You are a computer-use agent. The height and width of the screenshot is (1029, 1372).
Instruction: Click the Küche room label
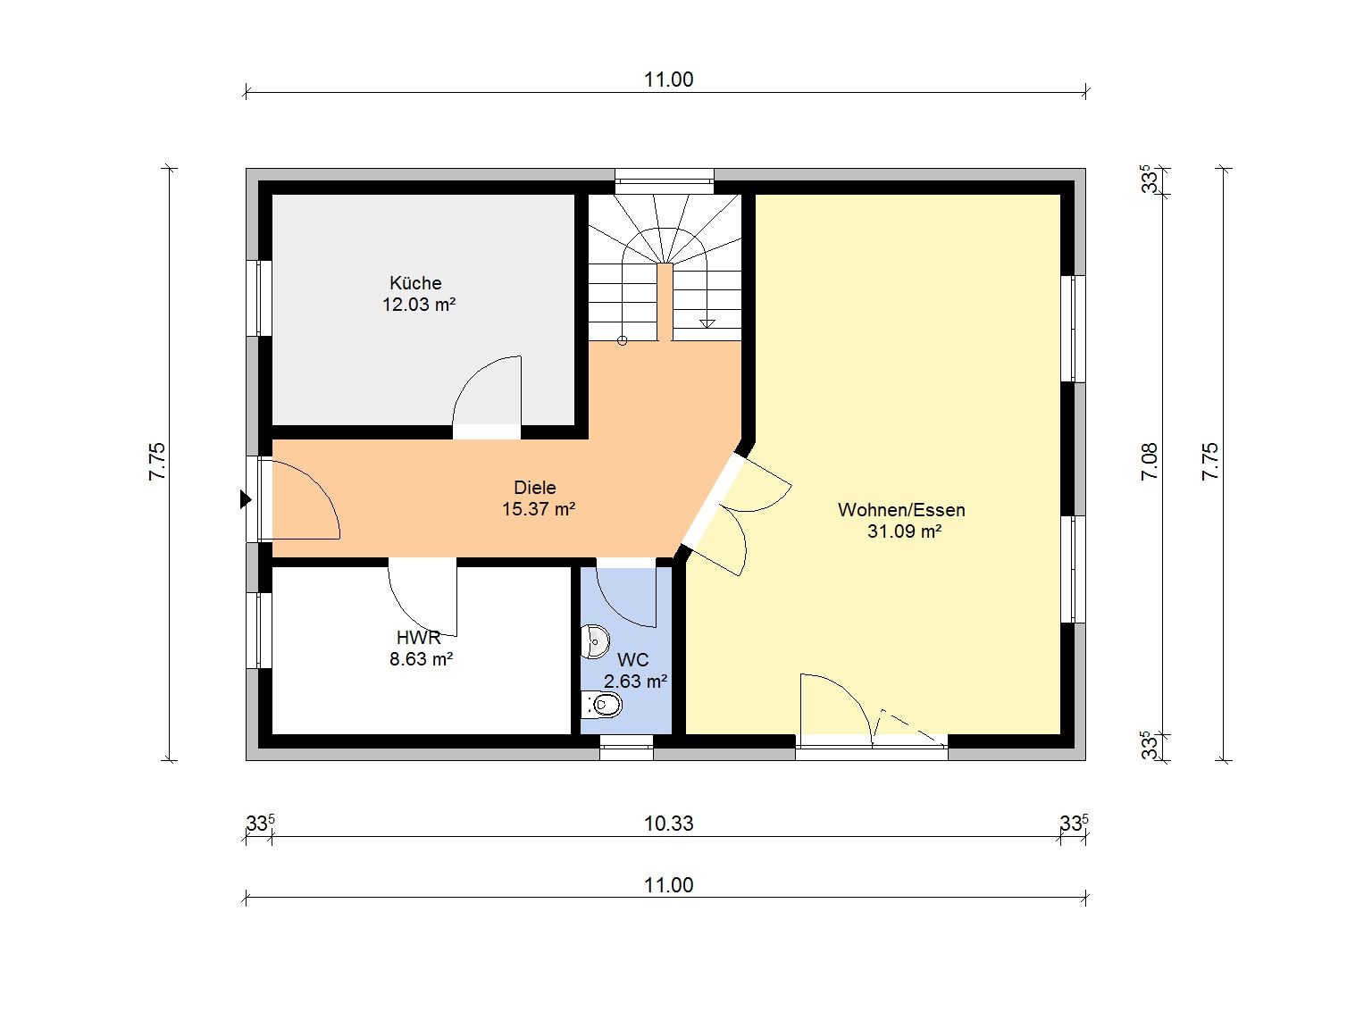(415, 283)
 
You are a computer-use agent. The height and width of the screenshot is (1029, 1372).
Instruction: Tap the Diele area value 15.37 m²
(539, 509)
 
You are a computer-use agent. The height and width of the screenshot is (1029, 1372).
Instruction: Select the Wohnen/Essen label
(901, 510)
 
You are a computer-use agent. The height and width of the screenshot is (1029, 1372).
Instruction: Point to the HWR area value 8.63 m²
(421, 659)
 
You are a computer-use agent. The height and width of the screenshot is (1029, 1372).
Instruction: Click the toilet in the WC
(600, 705)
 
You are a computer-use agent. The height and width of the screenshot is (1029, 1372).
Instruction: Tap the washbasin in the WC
(594, 641)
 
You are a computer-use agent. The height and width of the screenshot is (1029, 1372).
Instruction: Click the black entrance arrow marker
(246, 499)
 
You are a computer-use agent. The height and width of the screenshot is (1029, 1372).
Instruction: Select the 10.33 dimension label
(669, 824)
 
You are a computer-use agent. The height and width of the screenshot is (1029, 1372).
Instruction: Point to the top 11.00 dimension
(669, 80)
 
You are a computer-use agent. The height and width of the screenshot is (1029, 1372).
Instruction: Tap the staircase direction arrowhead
(707, 323)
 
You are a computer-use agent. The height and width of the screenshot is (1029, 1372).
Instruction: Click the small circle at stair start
(622, 340)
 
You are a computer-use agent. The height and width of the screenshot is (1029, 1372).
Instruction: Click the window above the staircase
(664, 181)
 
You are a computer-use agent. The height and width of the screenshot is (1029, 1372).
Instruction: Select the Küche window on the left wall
(259, 298)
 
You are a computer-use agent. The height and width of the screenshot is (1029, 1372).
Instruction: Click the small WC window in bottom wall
(626, 748)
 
